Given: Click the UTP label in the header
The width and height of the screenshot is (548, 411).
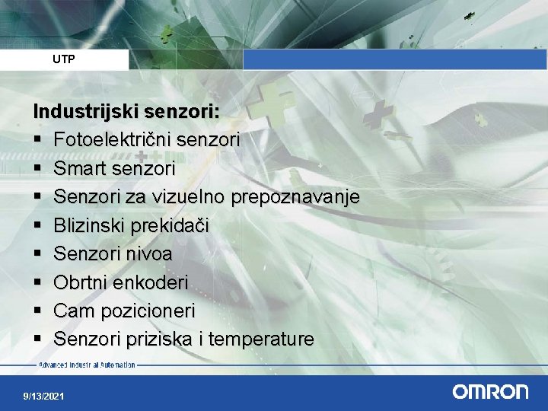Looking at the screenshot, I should tap(64, 59).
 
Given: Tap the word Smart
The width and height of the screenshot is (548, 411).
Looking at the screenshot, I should tap(80, 168).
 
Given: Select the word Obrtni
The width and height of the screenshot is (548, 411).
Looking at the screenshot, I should tap(78, 282).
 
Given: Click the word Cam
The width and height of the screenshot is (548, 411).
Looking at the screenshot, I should tap(72, 311).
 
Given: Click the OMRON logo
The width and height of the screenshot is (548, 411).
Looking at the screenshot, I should tap(490, 392).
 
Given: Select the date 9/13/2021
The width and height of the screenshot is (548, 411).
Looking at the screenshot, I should tap(44, 397).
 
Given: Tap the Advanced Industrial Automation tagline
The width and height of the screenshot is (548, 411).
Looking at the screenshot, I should tap(87, 365).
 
